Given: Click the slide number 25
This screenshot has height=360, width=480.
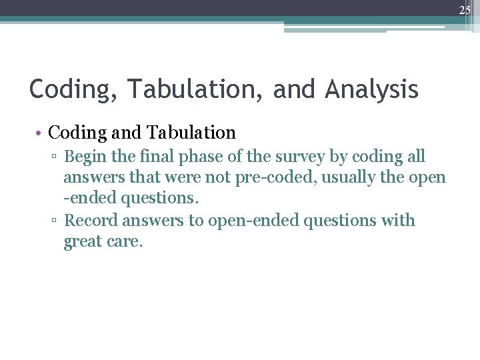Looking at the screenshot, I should click(x=464, y=9).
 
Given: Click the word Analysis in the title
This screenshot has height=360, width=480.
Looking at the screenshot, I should click(x=372, y=89).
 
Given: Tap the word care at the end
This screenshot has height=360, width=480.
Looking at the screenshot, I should click(x=126, y=241).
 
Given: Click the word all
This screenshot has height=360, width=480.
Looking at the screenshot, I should click(x=415, y=157).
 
